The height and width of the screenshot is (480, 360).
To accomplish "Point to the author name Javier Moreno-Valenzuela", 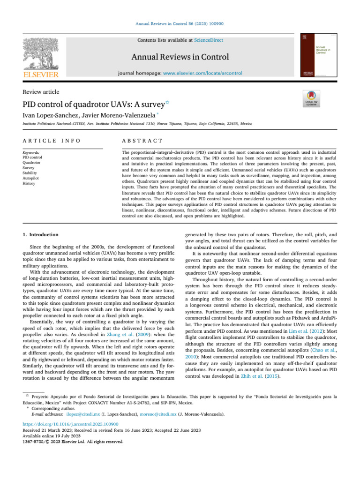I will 120,115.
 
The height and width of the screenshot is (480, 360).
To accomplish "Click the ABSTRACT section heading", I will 142,141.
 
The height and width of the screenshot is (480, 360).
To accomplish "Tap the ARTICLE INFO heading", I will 52,141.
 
